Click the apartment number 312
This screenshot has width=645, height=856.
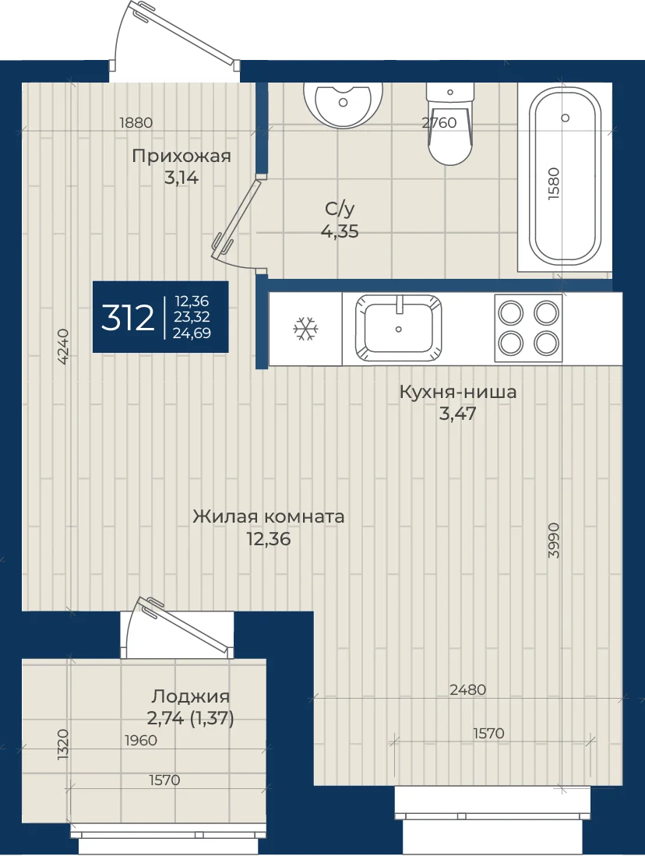(x=127, y=318)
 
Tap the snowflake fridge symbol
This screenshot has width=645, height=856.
(x=306, y=329)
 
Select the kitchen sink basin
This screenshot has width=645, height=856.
(x=398, y=329)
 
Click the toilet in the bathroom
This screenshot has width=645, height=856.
(x=449, y=124)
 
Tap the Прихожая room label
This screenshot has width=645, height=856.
(x=182, y=156)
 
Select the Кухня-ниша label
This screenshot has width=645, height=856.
(x=458, y=392)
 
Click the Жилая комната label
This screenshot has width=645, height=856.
(x=269, y=516)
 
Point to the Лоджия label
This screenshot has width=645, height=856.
(x=191, y=696)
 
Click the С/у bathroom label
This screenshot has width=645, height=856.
(x=340, y=209)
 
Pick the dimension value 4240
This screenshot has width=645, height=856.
(x=63, y=346)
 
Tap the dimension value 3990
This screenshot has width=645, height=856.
(x=554, y=541)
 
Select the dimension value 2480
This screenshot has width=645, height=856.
(x=468, y=689)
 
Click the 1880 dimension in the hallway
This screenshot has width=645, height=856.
(x=136, y=122)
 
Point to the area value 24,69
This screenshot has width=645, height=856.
(x=192, y=333)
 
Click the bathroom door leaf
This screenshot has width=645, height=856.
(x=237, y=216)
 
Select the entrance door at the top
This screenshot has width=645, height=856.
(x=185, y=33)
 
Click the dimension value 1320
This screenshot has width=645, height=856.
(x=63, y=744)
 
